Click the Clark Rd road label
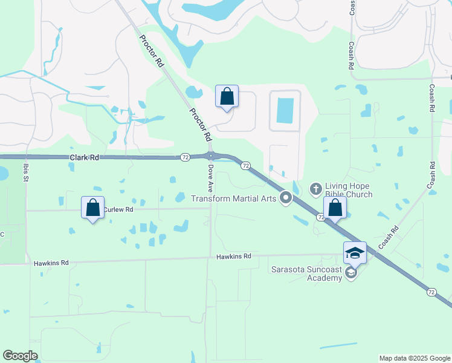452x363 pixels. [x=84, y=157]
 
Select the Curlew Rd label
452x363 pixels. [x=118, y=210]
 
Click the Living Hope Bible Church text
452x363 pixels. [x=349, y=190]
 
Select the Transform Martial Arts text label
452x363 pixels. [x=234, y=198]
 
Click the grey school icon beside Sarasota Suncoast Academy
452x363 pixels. [x=350, y=273]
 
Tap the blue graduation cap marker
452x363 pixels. [x=355, y=253]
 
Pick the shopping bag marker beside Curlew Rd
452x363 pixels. [x=93, y=208]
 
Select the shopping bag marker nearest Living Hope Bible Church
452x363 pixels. [x=335, y=208]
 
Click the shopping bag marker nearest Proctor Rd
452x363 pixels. [x=227, y=96]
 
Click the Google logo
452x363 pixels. [x=20, y=356]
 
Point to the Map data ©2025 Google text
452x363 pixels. [x=414, y=358]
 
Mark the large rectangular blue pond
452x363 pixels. [x=285, y=110]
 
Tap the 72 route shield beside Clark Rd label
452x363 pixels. [x=185, y=157]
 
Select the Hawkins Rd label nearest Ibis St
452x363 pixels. [x=51, y=263]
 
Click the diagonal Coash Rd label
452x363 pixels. [x=389, y=238]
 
